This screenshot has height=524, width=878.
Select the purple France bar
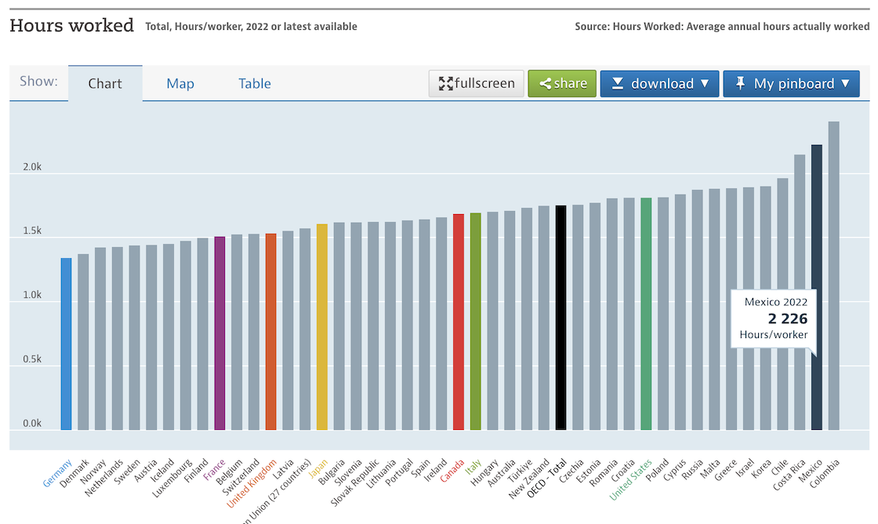[219, 333]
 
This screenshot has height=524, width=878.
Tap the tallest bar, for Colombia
[833, 275]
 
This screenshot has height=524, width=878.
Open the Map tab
[180, 84]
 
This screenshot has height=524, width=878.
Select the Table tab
[255, 84]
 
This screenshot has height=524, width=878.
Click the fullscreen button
[477, 83]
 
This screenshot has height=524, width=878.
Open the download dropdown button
[659, 83]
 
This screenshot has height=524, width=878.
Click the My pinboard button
[791, 83]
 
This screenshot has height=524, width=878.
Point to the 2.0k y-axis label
[32, 167]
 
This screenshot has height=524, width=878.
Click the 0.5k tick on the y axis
[32, 359]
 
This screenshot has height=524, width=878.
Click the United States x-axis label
[631, 479]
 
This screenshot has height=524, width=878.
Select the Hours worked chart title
[71, 25]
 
